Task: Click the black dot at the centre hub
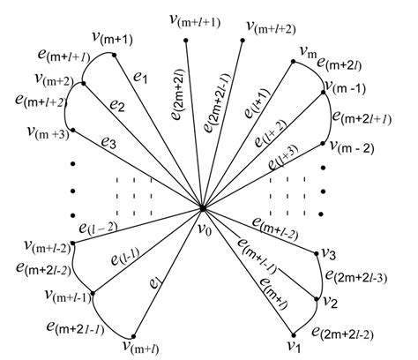point(203,209)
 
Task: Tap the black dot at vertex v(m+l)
point(133,336)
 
